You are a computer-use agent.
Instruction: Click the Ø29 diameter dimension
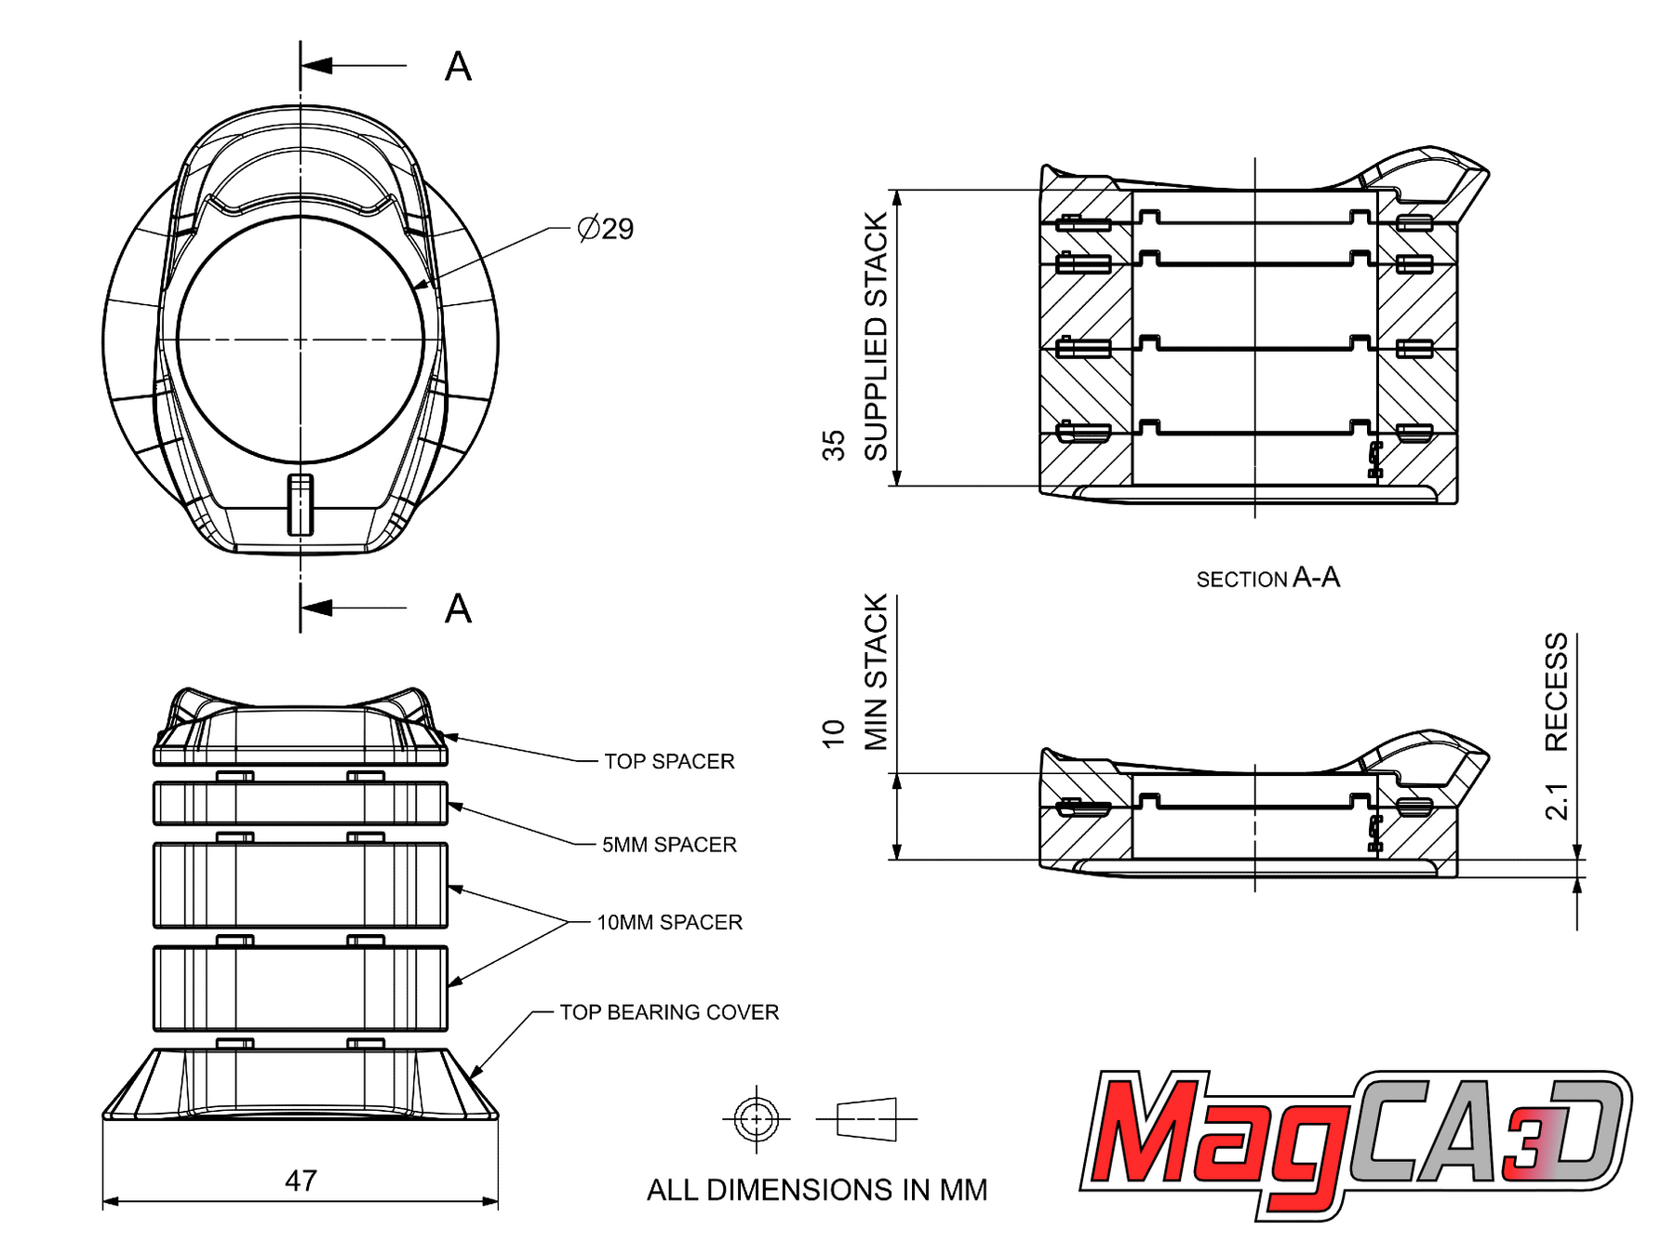(605, 228)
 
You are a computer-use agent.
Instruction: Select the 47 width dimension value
(301, 1181)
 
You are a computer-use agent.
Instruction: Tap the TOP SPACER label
(669, 761)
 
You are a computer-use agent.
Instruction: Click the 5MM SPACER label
(669, 844)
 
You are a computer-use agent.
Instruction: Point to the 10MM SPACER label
(669, 922)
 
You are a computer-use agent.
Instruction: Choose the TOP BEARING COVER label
(669, 1011)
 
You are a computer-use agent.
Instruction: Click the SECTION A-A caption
(1267, 578)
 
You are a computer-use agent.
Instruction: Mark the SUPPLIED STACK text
(876, 337)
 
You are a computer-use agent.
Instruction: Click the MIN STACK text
(876, 672)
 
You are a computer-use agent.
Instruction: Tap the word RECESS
(1556, 692)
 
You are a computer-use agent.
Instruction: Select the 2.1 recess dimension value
(1556, 801)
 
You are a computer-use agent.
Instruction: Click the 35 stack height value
(833, 446)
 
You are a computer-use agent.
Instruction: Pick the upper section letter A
(458, 67)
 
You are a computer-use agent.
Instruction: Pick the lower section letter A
(458, 609)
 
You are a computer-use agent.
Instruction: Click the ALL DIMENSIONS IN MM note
(817, 1190)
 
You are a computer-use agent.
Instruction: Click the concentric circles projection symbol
(756, 1118)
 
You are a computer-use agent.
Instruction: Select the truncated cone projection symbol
(866, 1118)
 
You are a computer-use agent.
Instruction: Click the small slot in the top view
(301, 505)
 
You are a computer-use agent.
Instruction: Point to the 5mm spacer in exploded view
(301, 804)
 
